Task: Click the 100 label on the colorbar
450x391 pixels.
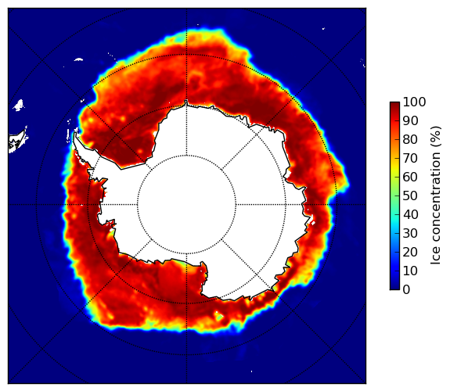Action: [414, 102]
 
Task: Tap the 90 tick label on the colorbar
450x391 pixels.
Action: [410, 120]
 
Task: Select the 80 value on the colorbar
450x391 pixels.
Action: [410, 140]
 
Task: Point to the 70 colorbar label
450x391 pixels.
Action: [410, 158]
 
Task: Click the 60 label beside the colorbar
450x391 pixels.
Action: [410, 177]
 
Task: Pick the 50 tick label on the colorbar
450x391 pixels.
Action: [410, 196]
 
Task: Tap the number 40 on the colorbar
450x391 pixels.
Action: [410, 214]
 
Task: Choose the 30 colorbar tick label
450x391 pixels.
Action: [410, 234]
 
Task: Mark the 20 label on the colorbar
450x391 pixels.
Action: [410, 252]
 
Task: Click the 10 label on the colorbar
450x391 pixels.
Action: [410, 271]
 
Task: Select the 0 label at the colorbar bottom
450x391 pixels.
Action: [406, 290]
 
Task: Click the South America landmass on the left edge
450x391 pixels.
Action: [18, 141]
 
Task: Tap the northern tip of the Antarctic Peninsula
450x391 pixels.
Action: [75, 133]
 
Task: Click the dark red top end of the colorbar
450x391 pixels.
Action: [394, 106]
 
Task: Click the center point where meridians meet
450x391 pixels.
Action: [187, 205]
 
